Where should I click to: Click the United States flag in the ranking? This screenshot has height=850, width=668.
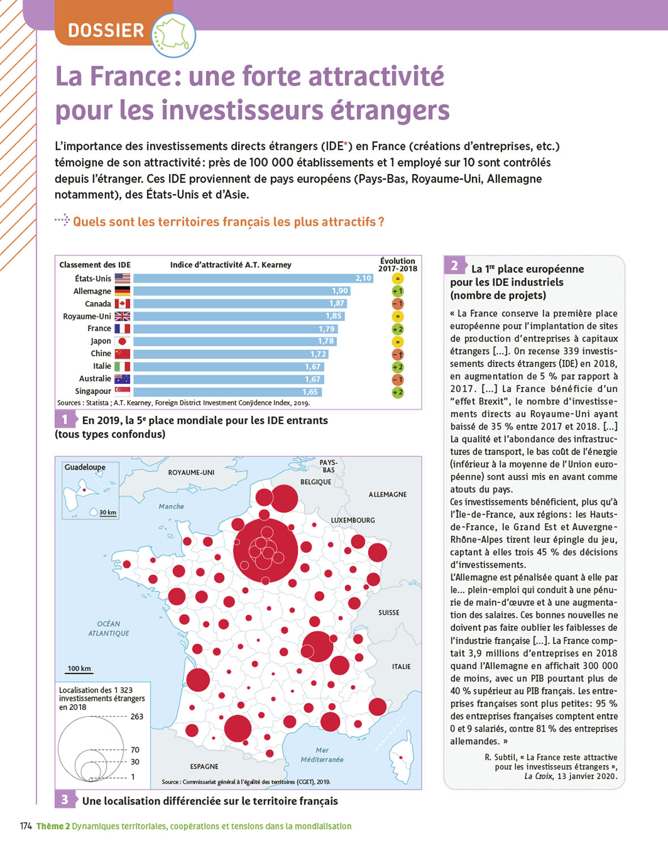click(x=122, y=278)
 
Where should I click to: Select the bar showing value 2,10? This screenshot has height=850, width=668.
click(x=253, y=278)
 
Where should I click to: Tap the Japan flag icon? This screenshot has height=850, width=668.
click(x=122, y=341)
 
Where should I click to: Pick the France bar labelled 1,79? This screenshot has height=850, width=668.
click(x=235, y=329)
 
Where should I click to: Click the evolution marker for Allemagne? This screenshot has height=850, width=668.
click(x=398, y=291)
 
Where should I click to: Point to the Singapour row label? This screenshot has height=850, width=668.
click(x=93, y=391)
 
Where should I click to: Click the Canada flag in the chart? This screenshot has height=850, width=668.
click(x=122, y=304)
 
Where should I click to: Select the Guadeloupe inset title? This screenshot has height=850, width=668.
click(x=85, y=467)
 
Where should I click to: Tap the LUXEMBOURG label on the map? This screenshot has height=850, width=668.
click(x=353, y=520)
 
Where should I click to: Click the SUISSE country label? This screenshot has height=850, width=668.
click(x=388, y=613)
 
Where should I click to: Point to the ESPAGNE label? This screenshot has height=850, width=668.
click(x=204, y=766)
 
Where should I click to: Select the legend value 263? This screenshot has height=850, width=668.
click(x=137, y=717)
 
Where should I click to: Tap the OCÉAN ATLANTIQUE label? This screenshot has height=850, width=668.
click(x=108, y=628)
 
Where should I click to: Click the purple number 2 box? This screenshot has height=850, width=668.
click(x=454, y=266)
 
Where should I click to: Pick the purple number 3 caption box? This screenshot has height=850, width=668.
click(x=65, y=800)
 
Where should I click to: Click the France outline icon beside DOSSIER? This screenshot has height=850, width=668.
click(x=173, y=35)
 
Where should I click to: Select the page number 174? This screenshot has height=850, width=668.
click(x=26, y=826)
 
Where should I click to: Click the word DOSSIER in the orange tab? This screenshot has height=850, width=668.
click(x=106, y=30)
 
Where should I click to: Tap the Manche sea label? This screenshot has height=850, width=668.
click(x=171, y=507)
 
